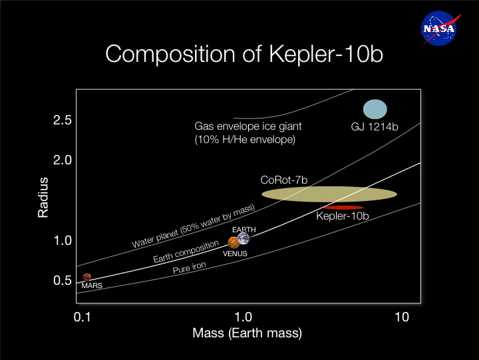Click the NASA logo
pyautogui.click(x=438, y=27)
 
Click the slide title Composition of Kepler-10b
pyautogui.click(x=245, y=54)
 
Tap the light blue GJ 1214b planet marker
pyautogui.click(x=375, y=109)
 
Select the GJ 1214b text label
pyautogui.click(x=375, y=126)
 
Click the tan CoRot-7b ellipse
pyautogui.click(x=329, y=194)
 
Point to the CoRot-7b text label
pyautogui.click(x=288, y=180)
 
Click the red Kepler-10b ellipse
pyautogui.click(x=343, y=208)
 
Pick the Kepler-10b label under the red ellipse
pyautogui.click(x=343, y=216)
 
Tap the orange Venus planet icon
pyautogui.click(x=234, y=243)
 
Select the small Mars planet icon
pyautogui.click(x=86, y=277)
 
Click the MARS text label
pyautogui.click(x=91, y=285)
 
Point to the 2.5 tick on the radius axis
pyautogui.click(x=63, y=120)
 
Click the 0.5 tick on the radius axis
pyautogui.click(x=63, y=280)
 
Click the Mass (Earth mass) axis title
pyautogui.click(x=247, y=332)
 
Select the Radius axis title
pyautogui.click(x=43, y=197)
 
